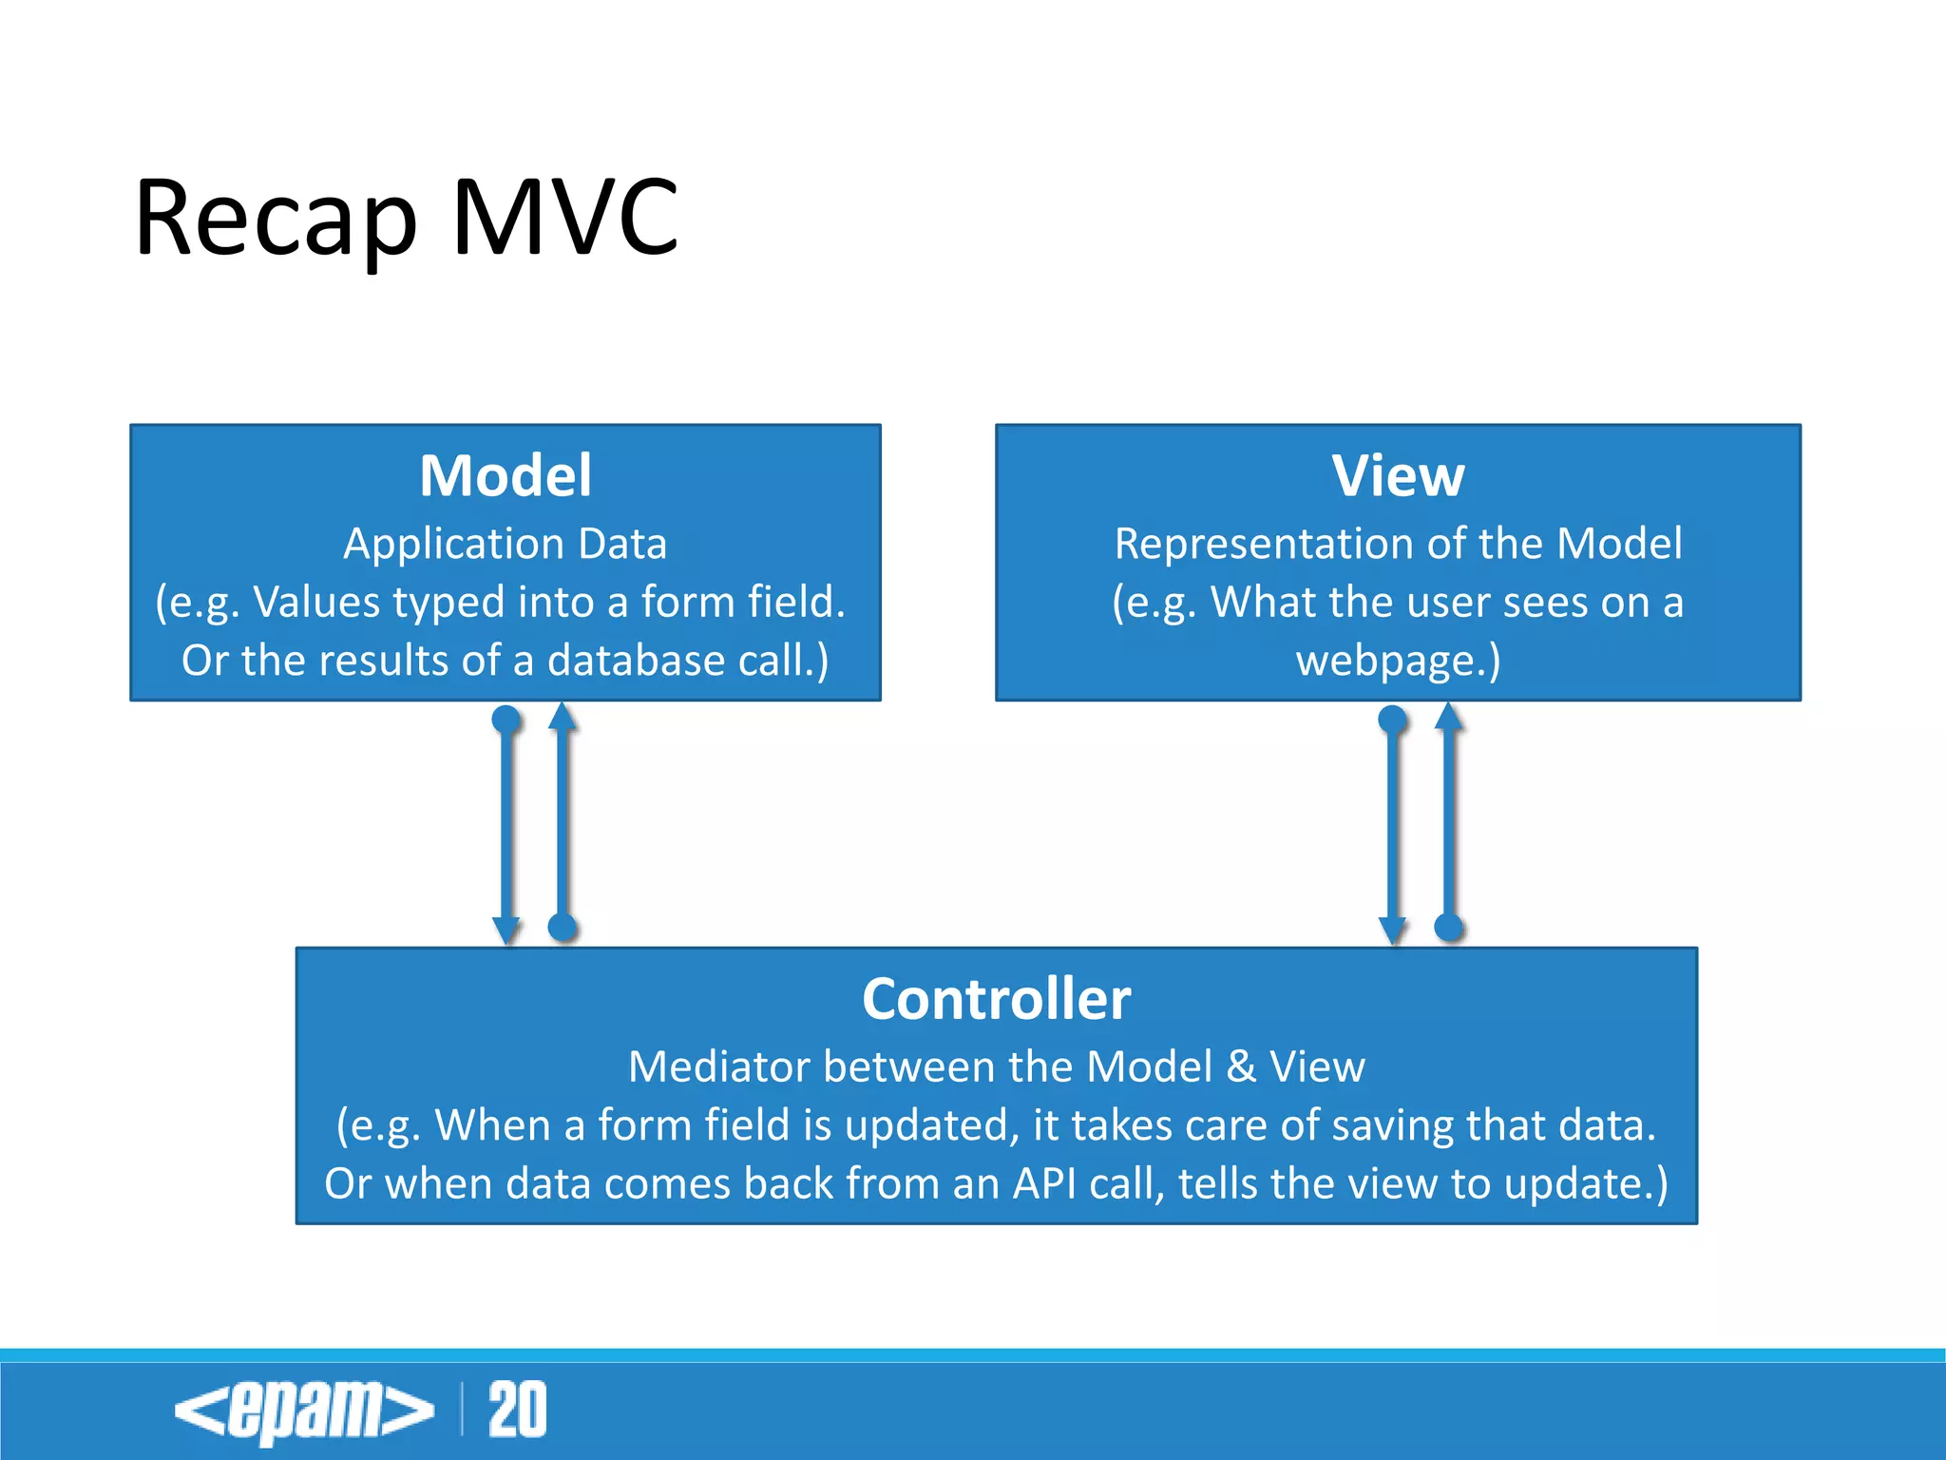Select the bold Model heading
point(506,475)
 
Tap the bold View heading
point(1398,475)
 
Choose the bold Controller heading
point(996,999)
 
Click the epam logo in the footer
point(304,1411)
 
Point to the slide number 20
point(518,1411)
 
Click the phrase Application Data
point(506,544)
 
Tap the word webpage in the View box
point(1384,661)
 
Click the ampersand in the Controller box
point(1241,1066)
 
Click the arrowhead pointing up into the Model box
point(563,716)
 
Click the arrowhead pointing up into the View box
point(1448,716)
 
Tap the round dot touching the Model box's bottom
point(506,719)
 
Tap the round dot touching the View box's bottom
point(1392,719)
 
